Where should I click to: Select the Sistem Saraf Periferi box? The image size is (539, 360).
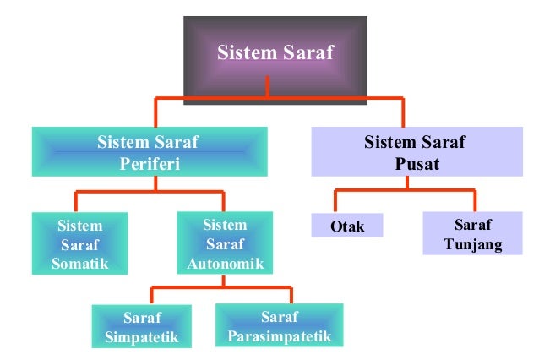149,152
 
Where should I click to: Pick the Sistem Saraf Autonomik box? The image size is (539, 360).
225,244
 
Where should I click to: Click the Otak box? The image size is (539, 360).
346,226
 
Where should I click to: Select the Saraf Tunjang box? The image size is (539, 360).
472,235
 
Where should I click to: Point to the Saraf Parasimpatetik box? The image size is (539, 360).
279,328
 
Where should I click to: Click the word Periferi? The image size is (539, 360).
149,164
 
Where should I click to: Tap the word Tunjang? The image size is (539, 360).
472,246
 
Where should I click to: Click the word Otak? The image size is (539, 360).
346,226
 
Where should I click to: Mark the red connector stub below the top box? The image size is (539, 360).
267,88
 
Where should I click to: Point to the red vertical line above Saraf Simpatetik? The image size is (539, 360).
152,296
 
